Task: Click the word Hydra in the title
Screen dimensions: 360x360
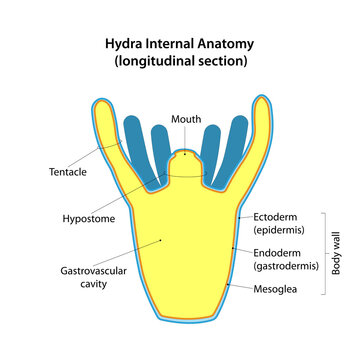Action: (x=127, y=44)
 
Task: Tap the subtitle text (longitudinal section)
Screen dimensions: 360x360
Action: (x=180, y=62)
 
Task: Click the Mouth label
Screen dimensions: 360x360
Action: (x=186, y=119)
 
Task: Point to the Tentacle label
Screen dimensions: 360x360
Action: (x=68, y=171)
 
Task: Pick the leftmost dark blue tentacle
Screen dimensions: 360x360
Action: (x=135, y=145)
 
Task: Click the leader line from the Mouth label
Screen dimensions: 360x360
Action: (x=186, y=139)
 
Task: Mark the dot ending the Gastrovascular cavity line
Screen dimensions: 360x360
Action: (x=162, y=241)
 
